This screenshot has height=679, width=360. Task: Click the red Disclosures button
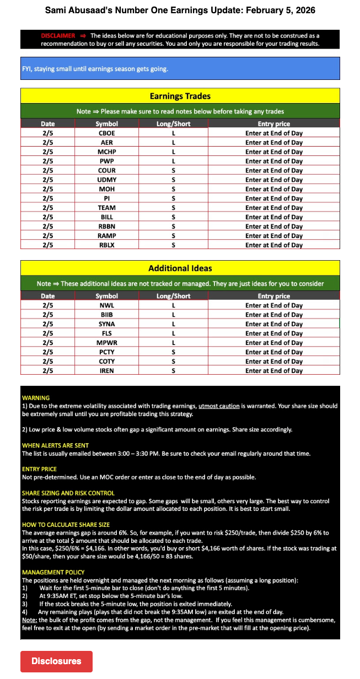coord(56,661)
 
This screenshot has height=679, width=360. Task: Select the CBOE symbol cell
coord(106,133)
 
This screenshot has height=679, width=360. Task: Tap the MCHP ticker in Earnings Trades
coord(106,152)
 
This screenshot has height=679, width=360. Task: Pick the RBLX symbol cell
coord(106,245)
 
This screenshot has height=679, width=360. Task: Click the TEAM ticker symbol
coord(106,208)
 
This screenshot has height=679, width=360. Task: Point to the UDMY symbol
coord(106,180)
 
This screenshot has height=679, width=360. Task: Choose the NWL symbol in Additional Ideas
coord(106,305)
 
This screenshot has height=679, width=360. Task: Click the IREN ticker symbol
coord(106,371)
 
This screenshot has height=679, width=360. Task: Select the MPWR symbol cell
coord(106,343)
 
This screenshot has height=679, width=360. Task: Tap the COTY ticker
coord(106,362)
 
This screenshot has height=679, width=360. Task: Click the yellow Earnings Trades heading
coord(180,96)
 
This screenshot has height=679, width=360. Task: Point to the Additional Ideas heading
coord(180,268)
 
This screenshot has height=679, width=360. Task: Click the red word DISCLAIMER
coord(58,36)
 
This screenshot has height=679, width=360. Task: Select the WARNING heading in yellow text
coord(36,397)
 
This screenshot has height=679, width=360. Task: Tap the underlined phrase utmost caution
coord(219,406)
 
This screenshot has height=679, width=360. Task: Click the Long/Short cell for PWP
coord(173,161)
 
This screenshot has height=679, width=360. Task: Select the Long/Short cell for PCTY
coord(173,352)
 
